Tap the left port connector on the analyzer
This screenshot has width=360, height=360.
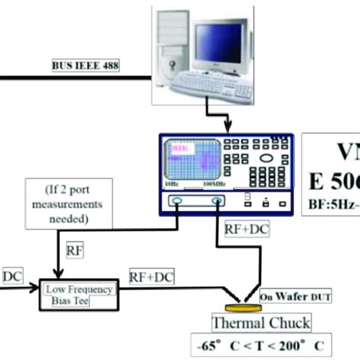(177, 201)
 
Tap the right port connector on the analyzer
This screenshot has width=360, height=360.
(217, 201)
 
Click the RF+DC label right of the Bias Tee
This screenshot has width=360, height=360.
(151, 277)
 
